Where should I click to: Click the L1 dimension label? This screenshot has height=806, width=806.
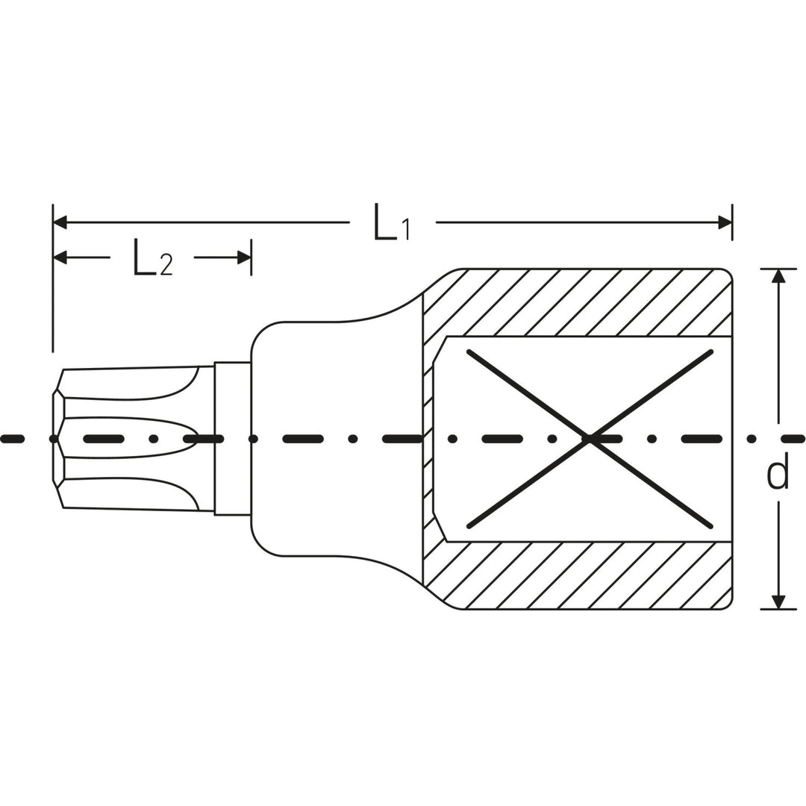(392, 222)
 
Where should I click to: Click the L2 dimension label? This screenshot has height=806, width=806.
(153, 257)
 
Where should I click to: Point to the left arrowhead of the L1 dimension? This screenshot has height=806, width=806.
(60, 222)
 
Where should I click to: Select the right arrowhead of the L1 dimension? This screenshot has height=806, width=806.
(725, 222)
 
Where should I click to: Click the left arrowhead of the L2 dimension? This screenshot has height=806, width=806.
(60, 257)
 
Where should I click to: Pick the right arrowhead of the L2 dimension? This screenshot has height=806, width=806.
(244, 257)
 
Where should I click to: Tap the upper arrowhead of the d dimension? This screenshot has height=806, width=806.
(778, 276)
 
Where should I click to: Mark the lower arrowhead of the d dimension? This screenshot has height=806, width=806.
(778, 602)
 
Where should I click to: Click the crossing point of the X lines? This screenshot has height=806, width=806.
(590, 439)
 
